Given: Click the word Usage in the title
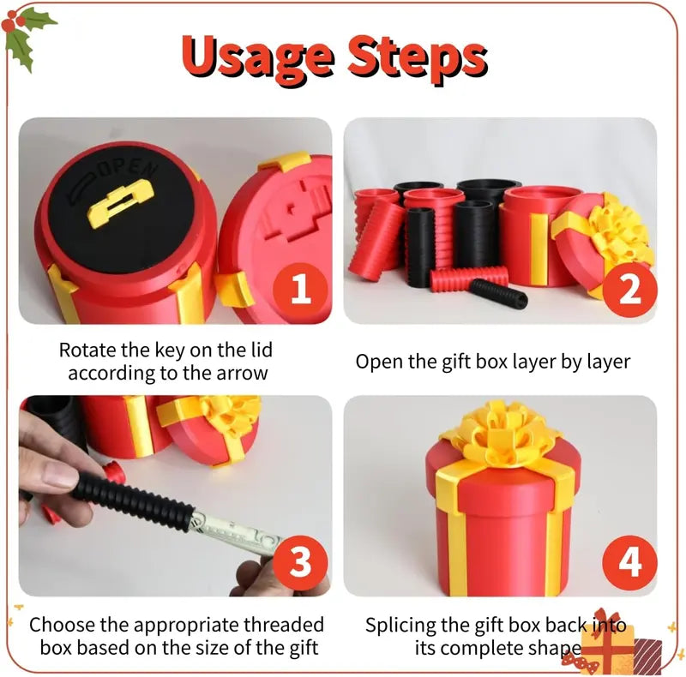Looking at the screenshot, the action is pyautogui.click(x=257, y=59).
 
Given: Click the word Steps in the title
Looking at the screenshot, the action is pyautogui.click(x=418, y=59).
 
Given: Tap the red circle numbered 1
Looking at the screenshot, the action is pyautogui.click(x=301, y=290).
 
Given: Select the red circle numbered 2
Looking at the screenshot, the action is pyautogui.click(x=629, y=290).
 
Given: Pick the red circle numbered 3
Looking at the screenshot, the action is pyautogui.click(x=301, y=563).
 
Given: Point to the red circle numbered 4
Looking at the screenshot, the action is pyautogui.click(x=629, y=563).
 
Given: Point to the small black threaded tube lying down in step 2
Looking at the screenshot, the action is pyautogui.click(x=499, y=294).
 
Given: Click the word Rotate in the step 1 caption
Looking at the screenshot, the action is pyautogui.click(x=87, y=350).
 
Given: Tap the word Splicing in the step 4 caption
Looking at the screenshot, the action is pyautogui.click(x=400, y=626).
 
